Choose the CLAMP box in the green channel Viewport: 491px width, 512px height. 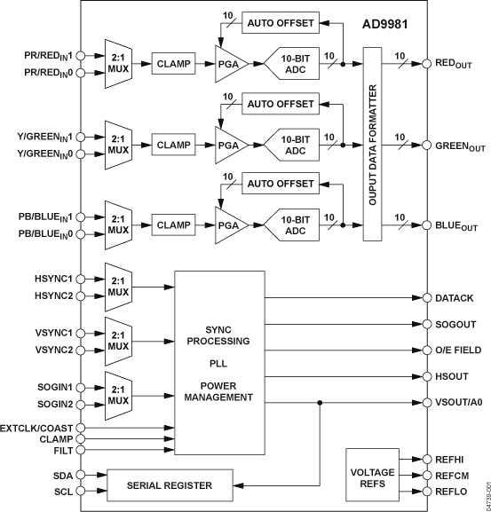click(175, 143)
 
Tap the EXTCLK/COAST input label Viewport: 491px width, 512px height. click(37, 428)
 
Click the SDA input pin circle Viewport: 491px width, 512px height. click(82, 475)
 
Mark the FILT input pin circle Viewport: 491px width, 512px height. click(82, 451)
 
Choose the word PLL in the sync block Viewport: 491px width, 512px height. click(218, 362)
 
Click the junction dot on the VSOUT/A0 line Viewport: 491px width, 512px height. click(318, 402)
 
